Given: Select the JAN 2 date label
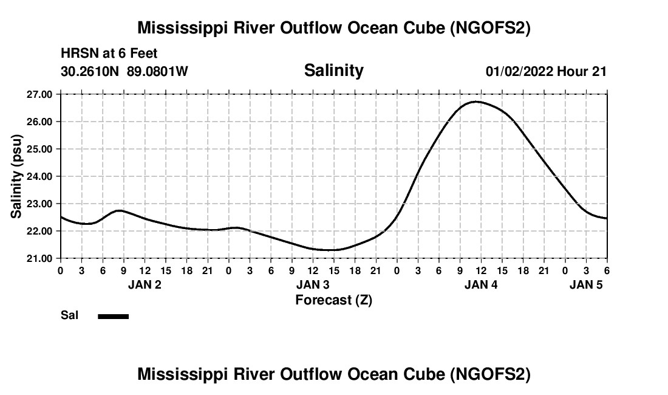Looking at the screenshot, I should (145, 284).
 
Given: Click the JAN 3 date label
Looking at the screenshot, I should (313, 284).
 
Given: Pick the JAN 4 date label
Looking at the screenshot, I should (481, 284).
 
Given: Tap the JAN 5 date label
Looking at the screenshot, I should (586, 284).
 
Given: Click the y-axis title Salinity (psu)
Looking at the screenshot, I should (16, 176).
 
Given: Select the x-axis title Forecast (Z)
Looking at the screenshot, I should (333, 300).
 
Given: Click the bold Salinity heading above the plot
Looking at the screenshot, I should (333, 70).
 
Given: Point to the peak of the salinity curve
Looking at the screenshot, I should (477, 101).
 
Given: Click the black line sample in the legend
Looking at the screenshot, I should (114, 316).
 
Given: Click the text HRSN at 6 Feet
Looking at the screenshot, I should (109, 53).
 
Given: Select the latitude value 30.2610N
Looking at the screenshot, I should (91, 71).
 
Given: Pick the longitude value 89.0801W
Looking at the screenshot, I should (157, 71).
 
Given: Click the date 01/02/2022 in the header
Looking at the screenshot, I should (520, 71).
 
